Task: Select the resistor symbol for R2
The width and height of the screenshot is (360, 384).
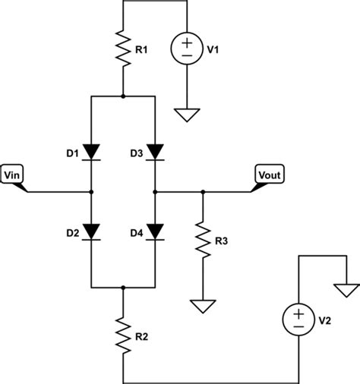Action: tap(122, 334)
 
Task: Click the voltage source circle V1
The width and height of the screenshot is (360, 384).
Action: tap(185, 50)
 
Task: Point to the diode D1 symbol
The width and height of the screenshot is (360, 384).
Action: tap(91, 152)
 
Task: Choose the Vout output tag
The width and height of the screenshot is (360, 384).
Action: tap(269, 176)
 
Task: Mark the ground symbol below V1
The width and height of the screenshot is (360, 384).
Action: tap(185, 115)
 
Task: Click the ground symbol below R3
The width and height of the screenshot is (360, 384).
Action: tap(203, 306)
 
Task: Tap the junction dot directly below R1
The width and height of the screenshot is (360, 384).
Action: tap(122, 97)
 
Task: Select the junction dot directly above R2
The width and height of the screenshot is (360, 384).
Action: tap(122, 288)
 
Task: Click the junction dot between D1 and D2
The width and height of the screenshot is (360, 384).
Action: tap(91, 193)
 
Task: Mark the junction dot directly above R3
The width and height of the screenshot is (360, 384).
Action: tap(203, 193)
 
